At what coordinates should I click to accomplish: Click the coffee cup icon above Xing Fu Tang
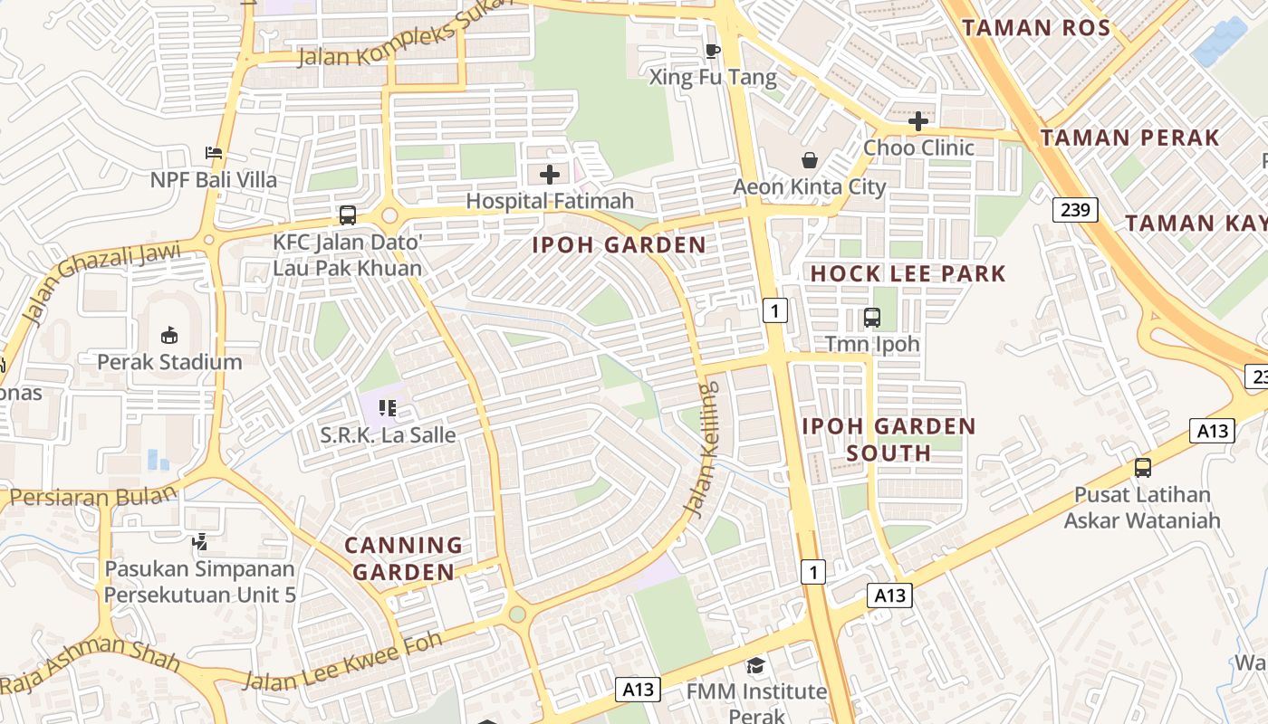712,51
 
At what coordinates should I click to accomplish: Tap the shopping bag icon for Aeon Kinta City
809,160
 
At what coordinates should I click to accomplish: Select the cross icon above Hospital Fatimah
550,175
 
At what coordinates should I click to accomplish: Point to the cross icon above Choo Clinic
918,120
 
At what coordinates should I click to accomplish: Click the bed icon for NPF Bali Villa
214,152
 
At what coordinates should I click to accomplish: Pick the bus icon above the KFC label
348,215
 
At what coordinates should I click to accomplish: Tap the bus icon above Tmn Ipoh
872,318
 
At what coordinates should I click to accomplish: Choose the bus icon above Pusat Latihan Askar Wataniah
1142,468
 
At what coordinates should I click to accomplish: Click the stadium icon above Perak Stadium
169,336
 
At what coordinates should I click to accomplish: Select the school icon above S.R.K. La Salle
388,408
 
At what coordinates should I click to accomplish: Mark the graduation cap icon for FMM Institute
755,666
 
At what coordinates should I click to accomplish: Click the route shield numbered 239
1075,210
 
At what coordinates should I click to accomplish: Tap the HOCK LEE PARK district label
908,273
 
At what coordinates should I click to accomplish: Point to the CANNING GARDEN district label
404,558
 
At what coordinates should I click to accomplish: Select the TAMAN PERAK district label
1129,138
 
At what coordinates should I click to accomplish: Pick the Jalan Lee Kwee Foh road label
342,662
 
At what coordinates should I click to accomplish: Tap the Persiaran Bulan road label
92,498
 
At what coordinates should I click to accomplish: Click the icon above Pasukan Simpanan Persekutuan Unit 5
200,542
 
